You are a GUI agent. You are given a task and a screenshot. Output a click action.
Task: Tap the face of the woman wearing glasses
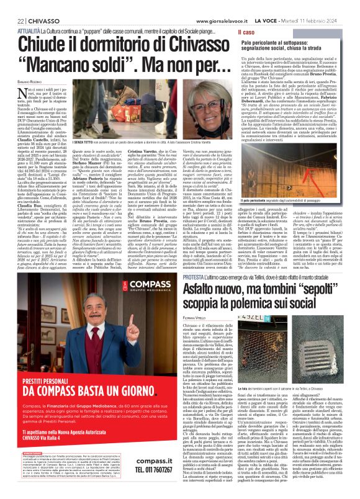(158, 93)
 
